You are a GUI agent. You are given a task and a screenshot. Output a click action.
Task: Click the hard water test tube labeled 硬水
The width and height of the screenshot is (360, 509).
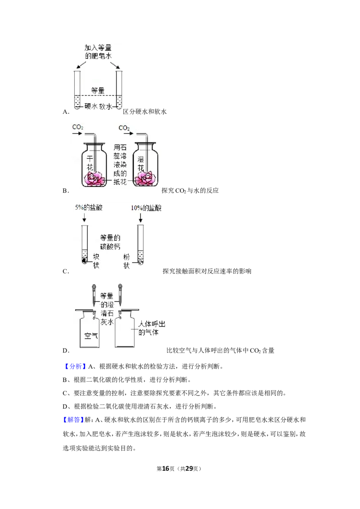77,90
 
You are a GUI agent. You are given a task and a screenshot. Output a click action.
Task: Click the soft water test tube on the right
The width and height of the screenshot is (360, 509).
119,90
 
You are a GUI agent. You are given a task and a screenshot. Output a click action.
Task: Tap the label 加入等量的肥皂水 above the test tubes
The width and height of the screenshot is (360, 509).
98,52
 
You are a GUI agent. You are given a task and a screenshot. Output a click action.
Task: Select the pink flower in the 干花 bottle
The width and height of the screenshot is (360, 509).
94,179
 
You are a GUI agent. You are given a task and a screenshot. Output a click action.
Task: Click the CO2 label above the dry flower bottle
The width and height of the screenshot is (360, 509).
78,127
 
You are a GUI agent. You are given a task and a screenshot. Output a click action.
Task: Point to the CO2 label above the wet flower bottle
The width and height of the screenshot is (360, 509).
124,128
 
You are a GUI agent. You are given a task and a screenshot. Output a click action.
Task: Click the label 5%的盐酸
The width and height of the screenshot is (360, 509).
89,207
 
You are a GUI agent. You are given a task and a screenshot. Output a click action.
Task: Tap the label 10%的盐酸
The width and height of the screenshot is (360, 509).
146,208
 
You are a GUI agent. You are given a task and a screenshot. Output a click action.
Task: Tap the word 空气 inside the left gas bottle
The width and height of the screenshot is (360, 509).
91,335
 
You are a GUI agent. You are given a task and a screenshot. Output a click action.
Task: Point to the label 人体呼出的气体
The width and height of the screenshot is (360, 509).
152,328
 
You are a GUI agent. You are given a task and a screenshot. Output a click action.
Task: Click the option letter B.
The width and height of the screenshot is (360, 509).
66,191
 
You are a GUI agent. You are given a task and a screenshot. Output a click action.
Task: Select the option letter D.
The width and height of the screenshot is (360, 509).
66,351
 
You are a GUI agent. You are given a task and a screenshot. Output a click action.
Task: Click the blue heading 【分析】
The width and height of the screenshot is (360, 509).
74,366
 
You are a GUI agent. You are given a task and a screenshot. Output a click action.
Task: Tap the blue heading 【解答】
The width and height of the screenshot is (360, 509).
73,420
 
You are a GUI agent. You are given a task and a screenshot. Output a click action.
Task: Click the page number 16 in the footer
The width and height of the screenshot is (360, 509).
166,469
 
